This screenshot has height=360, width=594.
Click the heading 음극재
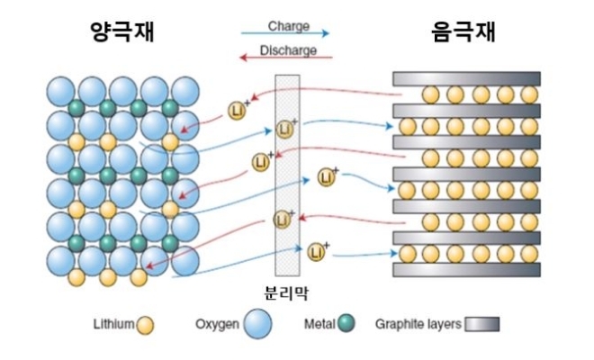click(x=464, y=32)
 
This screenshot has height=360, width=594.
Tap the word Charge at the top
click(x=289, y=27)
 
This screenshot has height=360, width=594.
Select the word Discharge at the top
click(x=288, y=49)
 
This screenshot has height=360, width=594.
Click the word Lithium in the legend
click(x=113, y=322)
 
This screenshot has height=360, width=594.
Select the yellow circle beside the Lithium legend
click(x=145, y=323)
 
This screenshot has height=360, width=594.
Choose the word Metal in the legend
click(x=319, y=322)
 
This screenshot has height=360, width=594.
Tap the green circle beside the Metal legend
click(x=346, y=322)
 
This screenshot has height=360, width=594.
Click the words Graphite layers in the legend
click(x=418, y=322)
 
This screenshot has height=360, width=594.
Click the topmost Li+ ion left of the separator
click(x=237, y=111)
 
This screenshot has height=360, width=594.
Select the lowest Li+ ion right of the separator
click(x=316, y=252)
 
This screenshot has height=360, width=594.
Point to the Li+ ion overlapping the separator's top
click(x=285, y=129)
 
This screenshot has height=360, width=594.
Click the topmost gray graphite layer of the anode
click(x=466, y=79)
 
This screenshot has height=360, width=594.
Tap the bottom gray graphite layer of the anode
click(x=466, y=269)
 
